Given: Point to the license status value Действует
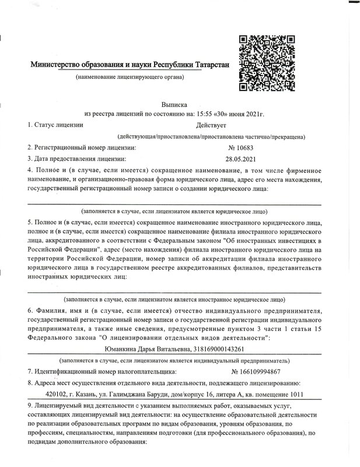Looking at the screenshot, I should click(215, 124).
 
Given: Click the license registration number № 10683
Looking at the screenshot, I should click(240, 148).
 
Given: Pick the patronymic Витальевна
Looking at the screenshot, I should click(174, 349).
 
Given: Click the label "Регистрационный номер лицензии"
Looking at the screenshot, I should click(81, 148).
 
